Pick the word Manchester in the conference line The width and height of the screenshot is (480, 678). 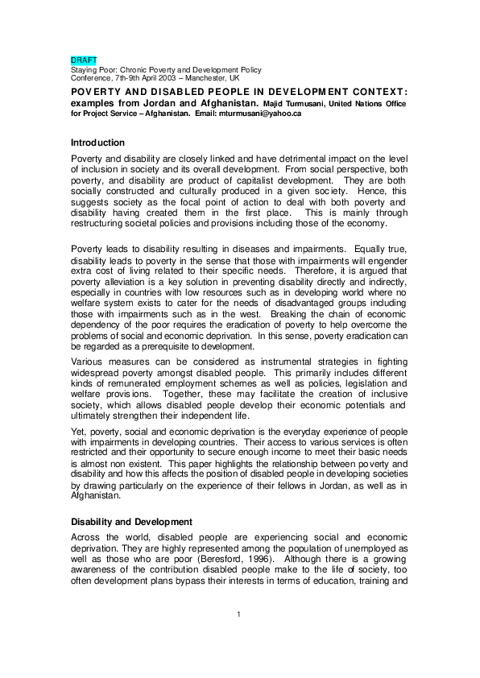pos(214,79)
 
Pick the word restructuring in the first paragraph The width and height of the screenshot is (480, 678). pos(101,223)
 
